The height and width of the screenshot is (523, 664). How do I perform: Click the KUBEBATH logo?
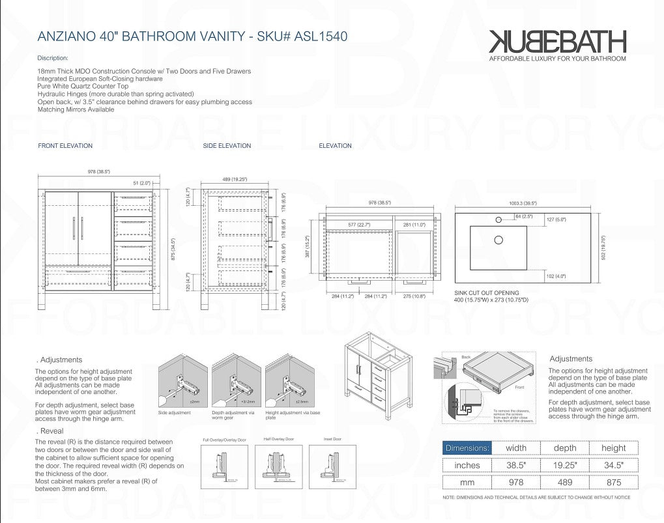coord(557,42)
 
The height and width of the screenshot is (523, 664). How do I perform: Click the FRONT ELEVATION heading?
coord(65,146)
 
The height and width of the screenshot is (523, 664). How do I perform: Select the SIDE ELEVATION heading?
coord(227,146)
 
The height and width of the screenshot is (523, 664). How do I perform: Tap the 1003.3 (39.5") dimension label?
coord(522,203)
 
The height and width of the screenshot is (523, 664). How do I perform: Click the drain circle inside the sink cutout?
coord(498,240)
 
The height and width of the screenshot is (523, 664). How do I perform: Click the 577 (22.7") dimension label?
coord(358,225)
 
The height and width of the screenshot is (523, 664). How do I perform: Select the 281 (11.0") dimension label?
coord(414,225)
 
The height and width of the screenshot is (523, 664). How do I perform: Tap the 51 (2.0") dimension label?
coord(141,183)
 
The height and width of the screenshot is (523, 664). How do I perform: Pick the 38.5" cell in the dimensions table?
coord(517,465)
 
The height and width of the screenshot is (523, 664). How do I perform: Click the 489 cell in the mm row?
coord(565,483)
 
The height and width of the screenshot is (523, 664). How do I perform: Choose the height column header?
coord(613,448)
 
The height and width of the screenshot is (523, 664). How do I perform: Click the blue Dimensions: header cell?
coord(467,448)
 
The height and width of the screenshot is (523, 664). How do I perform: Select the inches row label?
coord(467,465)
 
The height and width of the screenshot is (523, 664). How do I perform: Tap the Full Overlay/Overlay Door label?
coord(224,440)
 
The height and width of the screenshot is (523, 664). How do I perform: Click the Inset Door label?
coord(332,439)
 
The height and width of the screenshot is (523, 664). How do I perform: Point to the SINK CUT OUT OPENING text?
coord(487,293)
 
